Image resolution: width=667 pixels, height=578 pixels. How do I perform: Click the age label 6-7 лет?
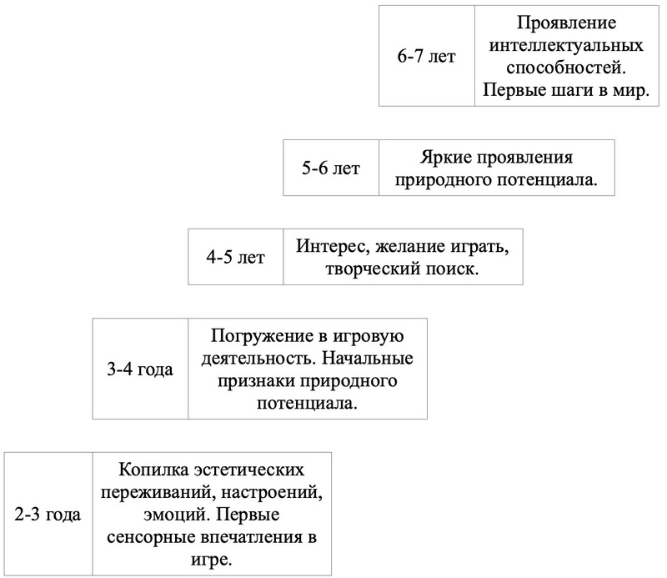coord(426,57)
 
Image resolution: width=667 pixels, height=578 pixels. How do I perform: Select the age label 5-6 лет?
coord(331,168)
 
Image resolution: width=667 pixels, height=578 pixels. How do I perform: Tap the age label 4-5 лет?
coord(236,257)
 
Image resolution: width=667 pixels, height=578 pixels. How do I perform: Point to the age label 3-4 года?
coord(140,369)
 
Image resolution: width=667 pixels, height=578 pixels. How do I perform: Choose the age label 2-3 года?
coord(48,514)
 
